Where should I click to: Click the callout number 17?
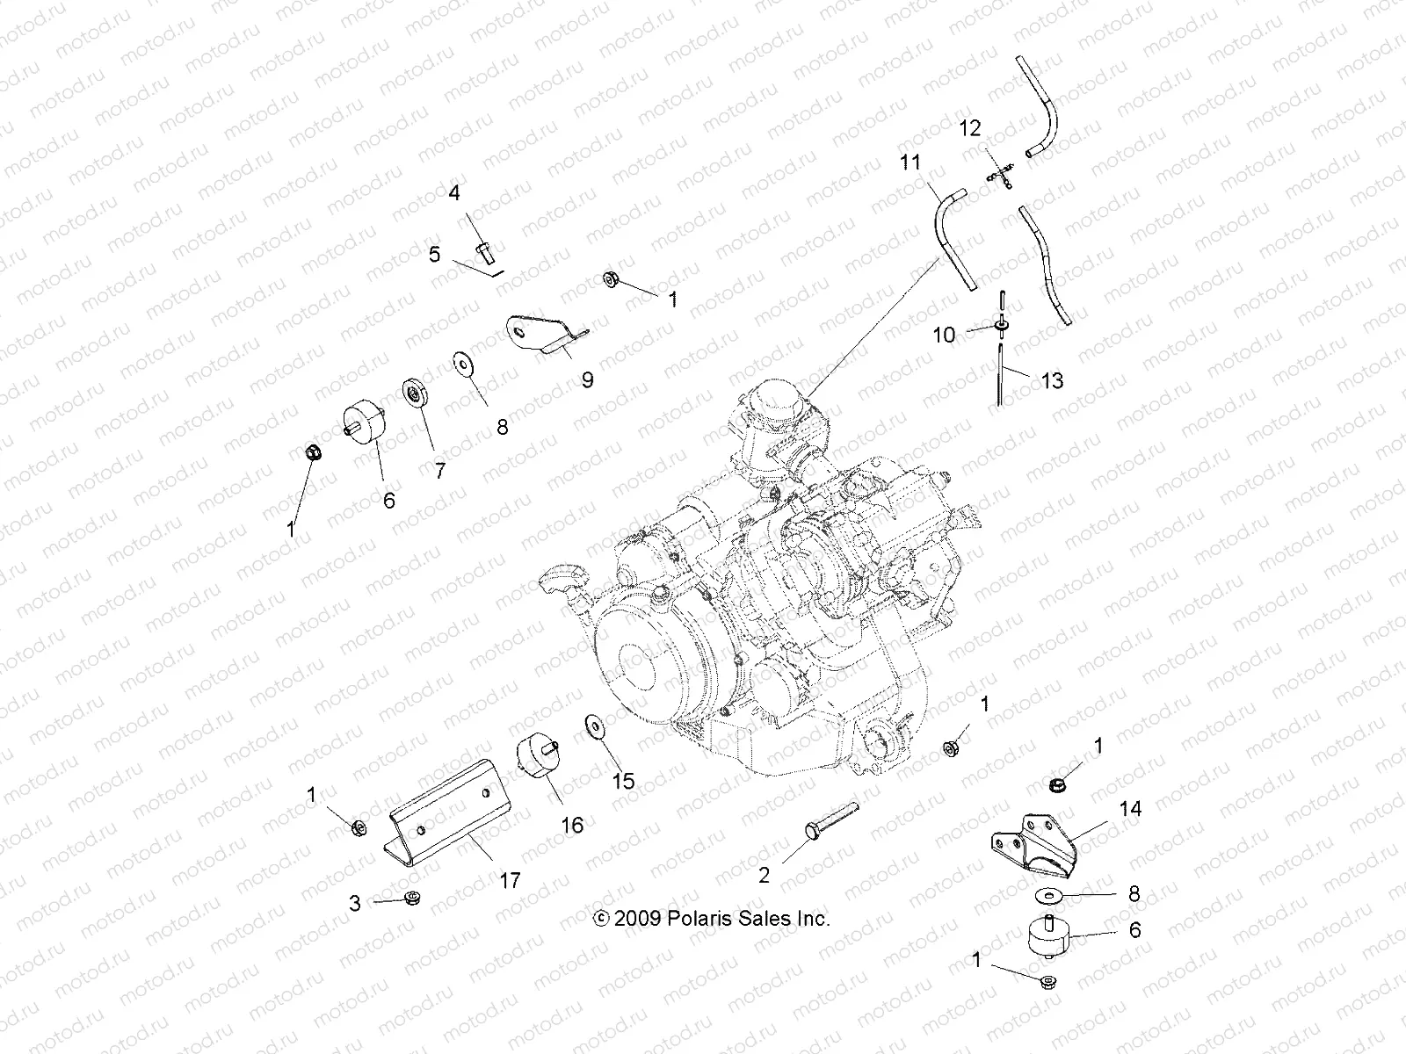pyautogui.click(x=510, y=880)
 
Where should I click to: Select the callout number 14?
pyautogui.click(x=1131, y=808)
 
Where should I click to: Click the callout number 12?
pyautogui.click(x=969, y=129)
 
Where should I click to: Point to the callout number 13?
pyautogui.click(x=1051, y=380)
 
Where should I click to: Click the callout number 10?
pyautogui.click(x=943, y=335)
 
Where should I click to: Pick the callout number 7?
pyautogui.click(x=439, y=470)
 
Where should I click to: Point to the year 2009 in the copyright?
pyautogui.click(x=639, y=919)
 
